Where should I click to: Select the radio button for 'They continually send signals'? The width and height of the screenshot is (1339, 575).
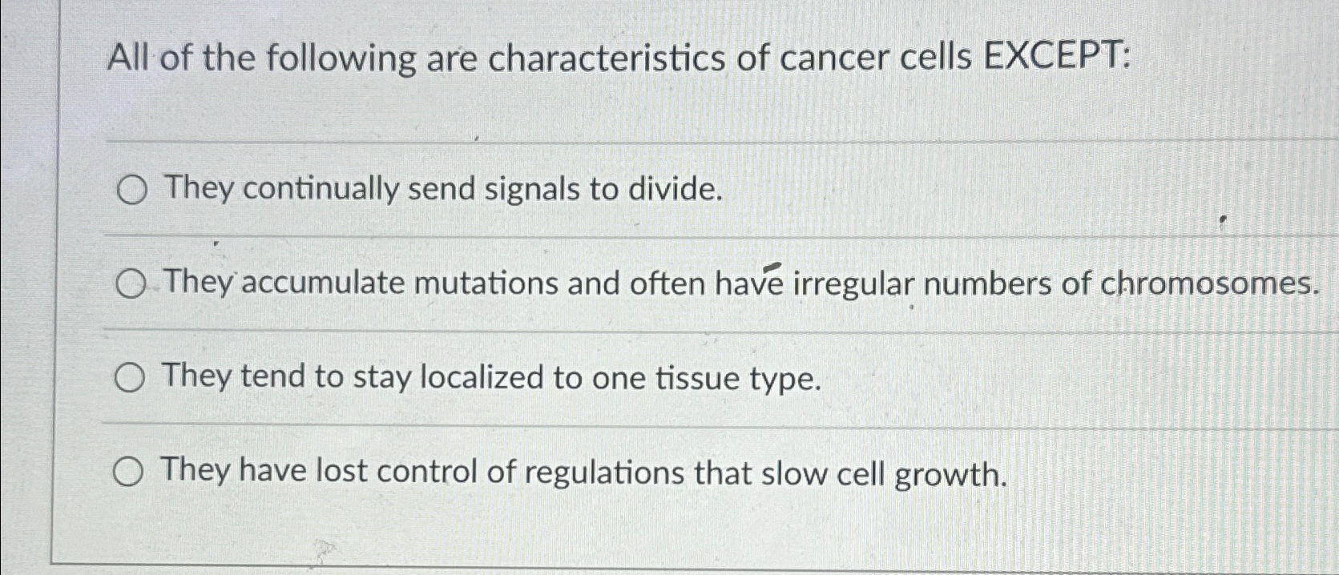pyautogui.click(x=131, y=191)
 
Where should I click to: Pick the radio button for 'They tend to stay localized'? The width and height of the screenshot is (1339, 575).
pyautogui.click(x=129, y=378)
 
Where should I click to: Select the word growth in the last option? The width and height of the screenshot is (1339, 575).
pyautogui.click(x=950, y=475)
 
